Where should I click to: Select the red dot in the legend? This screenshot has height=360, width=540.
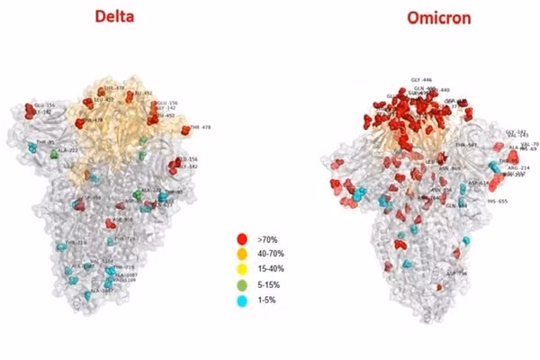pyautogui.click(x=241, y=238)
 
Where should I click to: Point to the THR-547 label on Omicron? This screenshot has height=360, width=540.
pyautogui.click(x=466, y=144)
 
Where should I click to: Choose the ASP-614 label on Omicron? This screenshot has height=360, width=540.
pyautogui.click(x=478, y=183)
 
